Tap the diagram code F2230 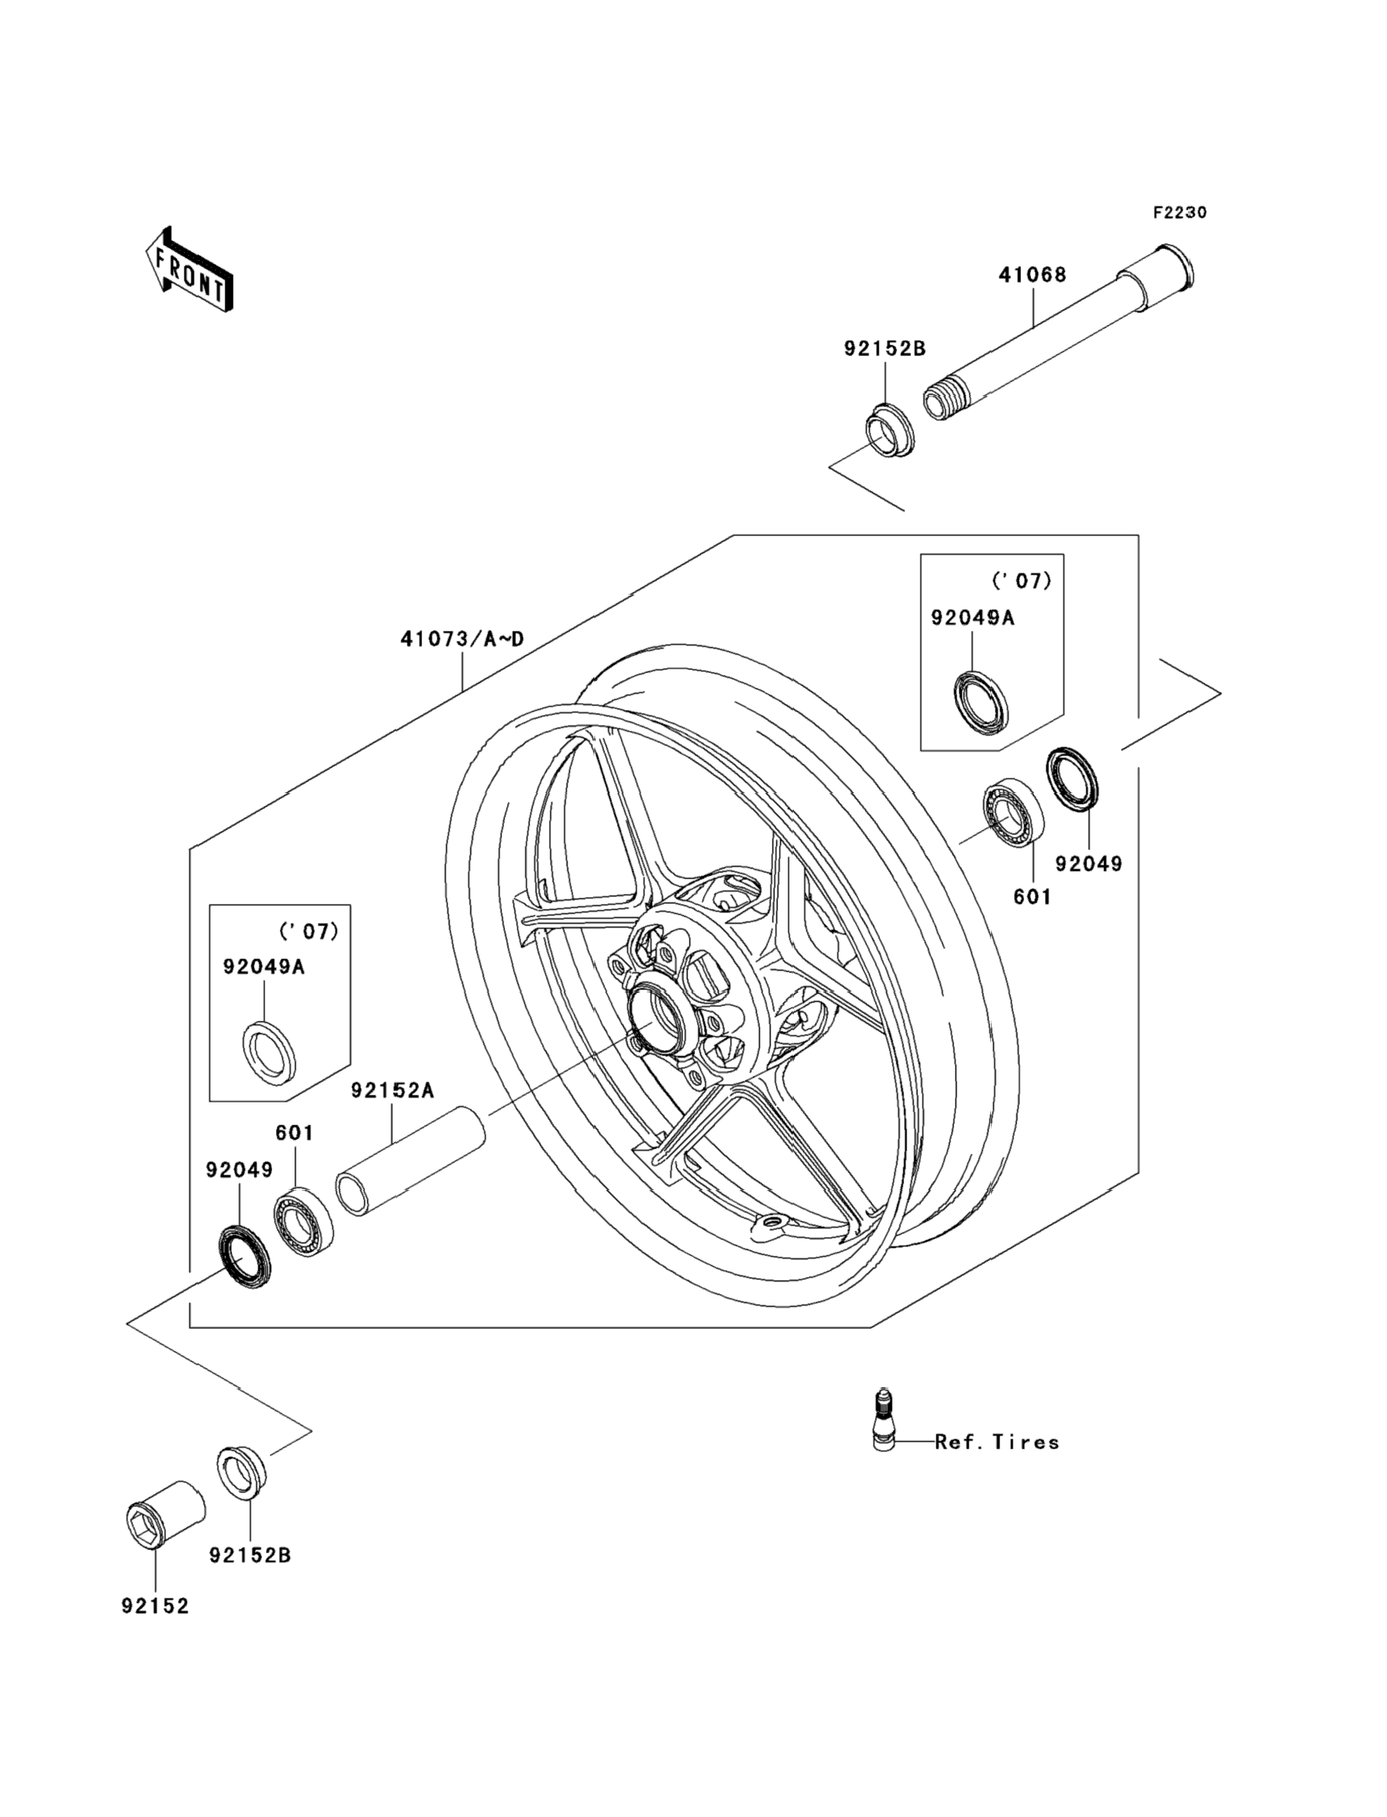click(x=1179, y=212)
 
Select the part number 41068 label click(x=1033, y=275)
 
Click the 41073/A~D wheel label click(x=462, y=638)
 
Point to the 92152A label click(x=392, y=1091)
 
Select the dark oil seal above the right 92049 click(x=1073, y=778)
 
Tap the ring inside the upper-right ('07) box click(x=981, y=703)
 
